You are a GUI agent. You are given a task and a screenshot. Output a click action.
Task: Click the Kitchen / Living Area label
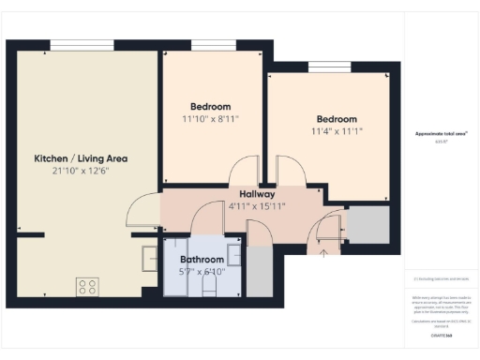(x=81, y=158)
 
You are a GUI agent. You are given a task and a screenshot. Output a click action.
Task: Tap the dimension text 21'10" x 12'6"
(x=81, y=171)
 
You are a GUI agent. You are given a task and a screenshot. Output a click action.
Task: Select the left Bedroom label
(x=210, y=107)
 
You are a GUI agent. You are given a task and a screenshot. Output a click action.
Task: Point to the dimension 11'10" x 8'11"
(x=210, y=119)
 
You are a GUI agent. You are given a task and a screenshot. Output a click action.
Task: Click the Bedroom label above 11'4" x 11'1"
(x=336, y=119)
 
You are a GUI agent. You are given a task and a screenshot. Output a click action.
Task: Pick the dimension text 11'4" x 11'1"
(x=336, y=131)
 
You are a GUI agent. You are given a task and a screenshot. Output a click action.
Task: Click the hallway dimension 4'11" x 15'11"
(x=257, y=205)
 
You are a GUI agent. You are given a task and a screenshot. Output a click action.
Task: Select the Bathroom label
(x=202, y=260)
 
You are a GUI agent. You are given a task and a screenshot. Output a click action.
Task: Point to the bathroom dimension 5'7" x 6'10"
(x=202, y=272)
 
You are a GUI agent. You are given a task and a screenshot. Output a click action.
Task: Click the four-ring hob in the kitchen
(x=89, y=286)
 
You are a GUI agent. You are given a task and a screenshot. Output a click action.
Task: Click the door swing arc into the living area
(x=142, y=208)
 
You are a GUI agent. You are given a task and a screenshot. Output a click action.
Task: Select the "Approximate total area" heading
(x=441, y=134)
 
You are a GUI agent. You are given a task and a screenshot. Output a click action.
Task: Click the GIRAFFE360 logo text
(x=442, y=335)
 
